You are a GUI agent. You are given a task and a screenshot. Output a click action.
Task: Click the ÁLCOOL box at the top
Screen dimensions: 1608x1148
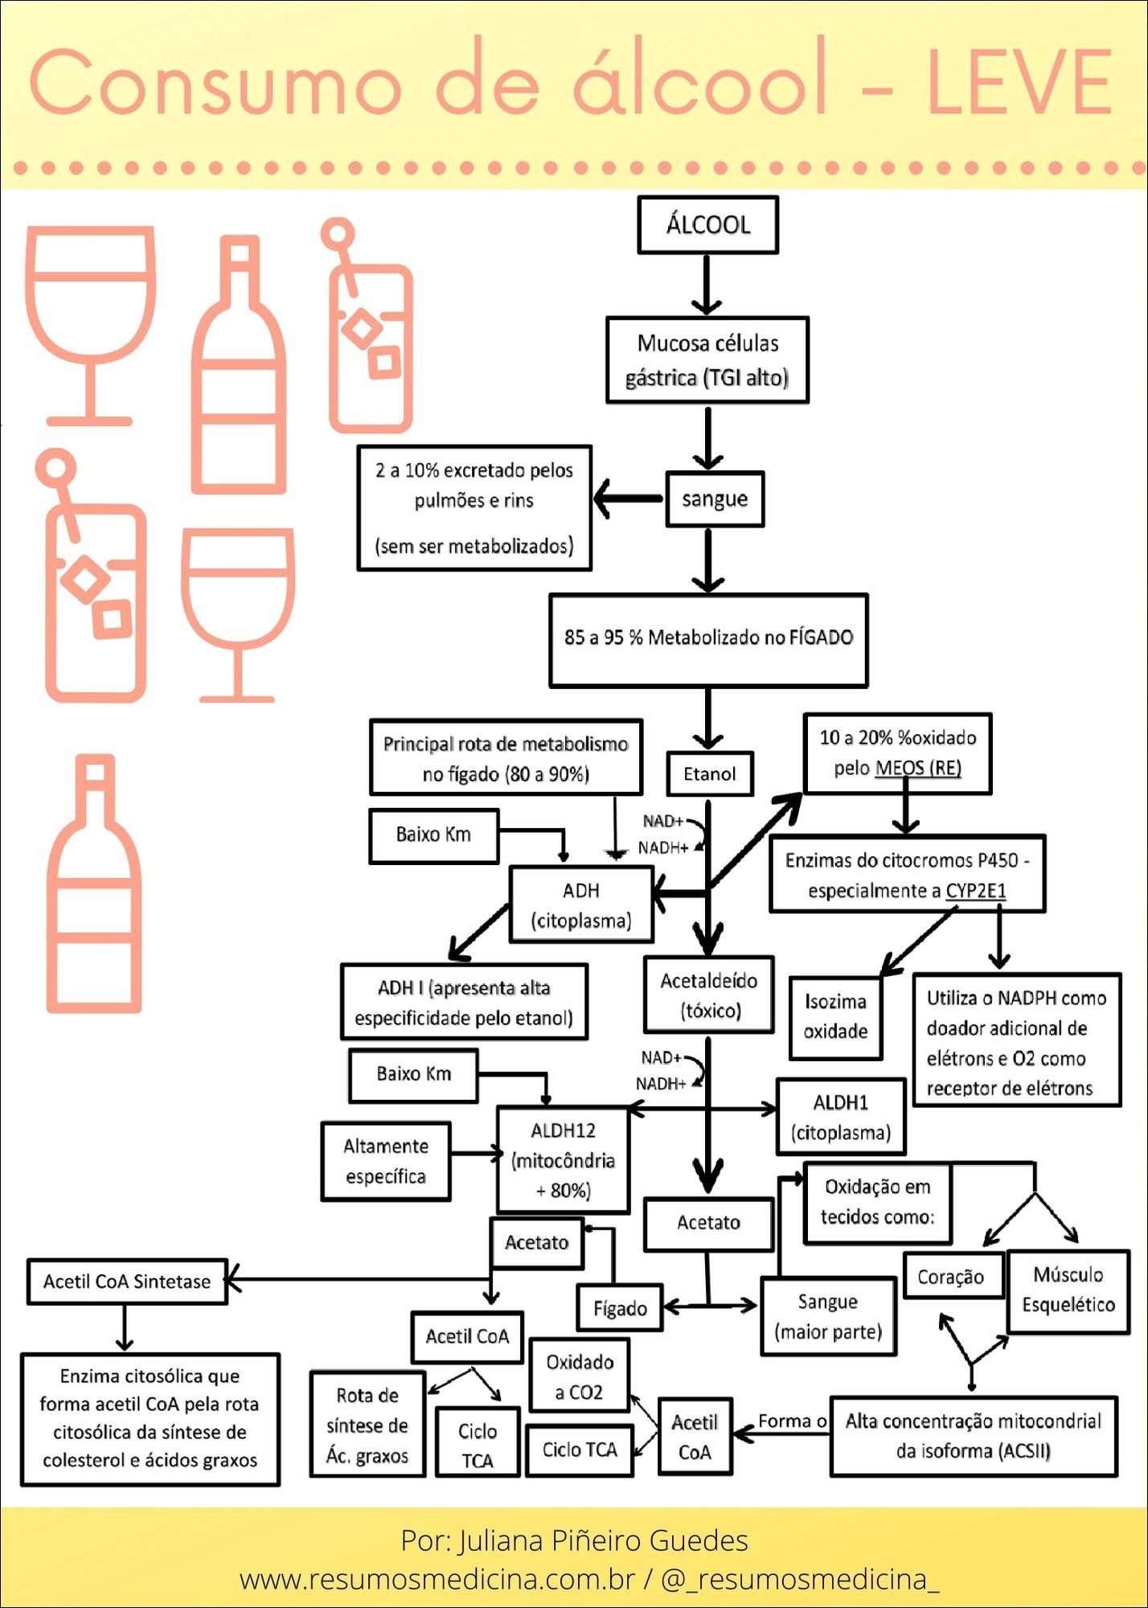point(707,225)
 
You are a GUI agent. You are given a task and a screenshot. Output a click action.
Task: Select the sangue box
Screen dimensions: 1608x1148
point(715,499)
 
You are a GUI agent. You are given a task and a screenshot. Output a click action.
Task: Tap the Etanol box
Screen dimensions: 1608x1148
point(710,773)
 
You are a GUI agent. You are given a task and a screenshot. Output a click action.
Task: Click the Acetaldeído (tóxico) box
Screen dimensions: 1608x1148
point(708,995)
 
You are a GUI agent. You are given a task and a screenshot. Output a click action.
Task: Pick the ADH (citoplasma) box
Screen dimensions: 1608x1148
point(581,905)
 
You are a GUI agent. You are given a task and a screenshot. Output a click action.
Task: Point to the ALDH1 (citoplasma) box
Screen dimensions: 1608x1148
point(841,1117)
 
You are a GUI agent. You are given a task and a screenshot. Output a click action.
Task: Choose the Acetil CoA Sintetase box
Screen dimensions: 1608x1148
point(127,1281)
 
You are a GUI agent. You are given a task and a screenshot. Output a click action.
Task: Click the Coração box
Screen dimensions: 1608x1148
point(951,1277)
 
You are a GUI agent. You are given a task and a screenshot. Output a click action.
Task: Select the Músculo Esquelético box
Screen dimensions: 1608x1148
point(1068,1290)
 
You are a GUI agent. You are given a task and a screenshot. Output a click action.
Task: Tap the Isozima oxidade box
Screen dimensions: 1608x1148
point(835,1016)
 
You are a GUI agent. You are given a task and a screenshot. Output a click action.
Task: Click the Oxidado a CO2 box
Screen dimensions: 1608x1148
point(580,1376)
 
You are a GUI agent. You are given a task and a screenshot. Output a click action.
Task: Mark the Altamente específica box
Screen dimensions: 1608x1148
point(386,1161)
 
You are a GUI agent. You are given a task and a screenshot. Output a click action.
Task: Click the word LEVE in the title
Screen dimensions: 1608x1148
point(1019,83)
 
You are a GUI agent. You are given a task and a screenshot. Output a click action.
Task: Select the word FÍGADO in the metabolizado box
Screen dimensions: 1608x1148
point(821,638)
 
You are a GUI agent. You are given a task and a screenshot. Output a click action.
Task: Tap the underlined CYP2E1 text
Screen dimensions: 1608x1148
point(976,891)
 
